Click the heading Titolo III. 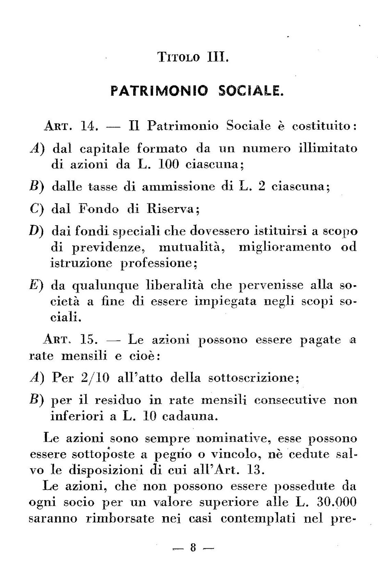tap(192, 57)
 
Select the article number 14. tap(89, 126)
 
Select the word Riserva tap(173, 209)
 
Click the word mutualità tap(188, 247)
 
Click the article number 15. tap(89, 340)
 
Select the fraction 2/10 tap(94, 378)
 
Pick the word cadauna tap(188, 417)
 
